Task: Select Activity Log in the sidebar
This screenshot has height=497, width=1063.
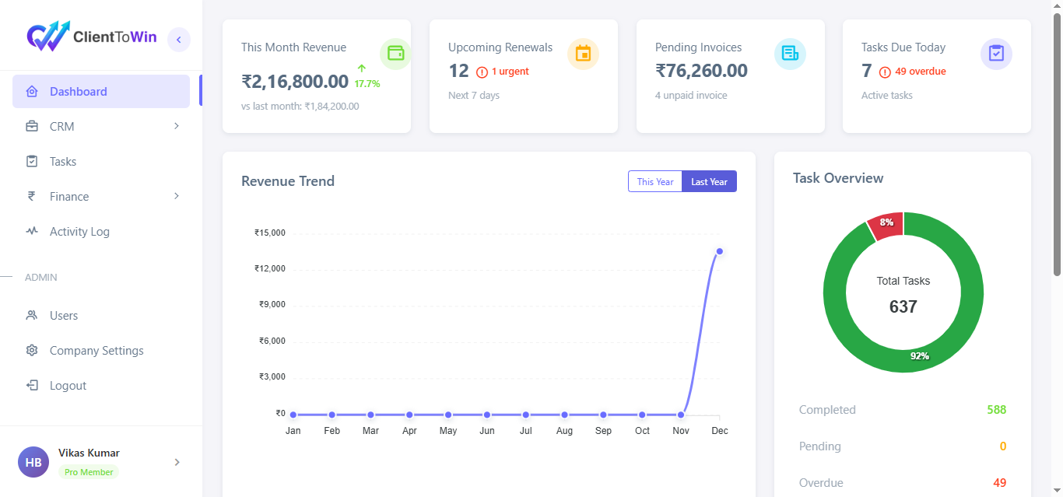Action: click(x=79, y=232)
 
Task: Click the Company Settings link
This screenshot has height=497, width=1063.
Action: click(x=96, y=351)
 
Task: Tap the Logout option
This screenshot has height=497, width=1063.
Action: click(x=68, y=386)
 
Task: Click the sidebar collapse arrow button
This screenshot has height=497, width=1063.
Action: click(x=179, y=40)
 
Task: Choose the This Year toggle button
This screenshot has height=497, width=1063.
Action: click(x=655, y=181)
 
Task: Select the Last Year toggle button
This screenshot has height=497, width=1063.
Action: click(x=709, y=181)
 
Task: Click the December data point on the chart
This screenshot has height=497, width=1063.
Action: click(x=720, y=251)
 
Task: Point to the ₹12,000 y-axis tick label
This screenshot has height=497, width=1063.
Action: click(x=270, y=268)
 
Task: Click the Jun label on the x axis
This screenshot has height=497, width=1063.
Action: click(x=487, y=431)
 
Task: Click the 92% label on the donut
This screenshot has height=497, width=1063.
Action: click(x=920, y=356)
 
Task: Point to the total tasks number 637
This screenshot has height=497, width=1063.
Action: click(x=903, y=306)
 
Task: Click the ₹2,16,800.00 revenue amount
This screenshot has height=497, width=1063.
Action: click(x=295, y=82)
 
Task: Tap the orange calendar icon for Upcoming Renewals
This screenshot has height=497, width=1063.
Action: click(x=583, y=54)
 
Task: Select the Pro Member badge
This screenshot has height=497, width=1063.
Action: click(x=89, y=472)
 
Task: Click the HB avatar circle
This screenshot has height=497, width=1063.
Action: click(x=33, y=462)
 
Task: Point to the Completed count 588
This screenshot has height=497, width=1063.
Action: click(x=996, y=410)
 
